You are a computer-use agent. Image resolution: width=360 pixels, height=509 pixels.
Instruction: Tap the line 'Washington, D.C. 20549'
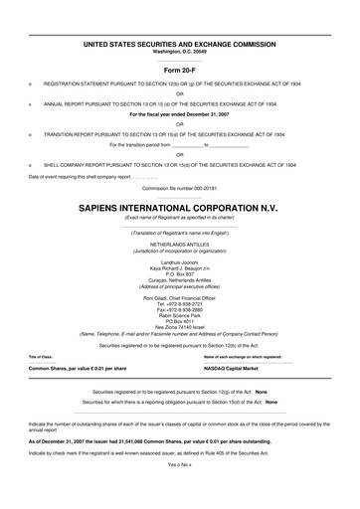click(x=180, y=51)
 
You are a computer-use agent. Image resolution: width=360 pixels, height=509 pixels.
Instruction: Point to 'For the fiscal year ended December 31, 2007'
click(x=180, y=114)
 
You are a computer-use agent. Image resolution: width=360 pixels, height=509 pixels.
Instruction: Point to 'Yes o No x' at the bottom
click(x=180, y=491)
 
